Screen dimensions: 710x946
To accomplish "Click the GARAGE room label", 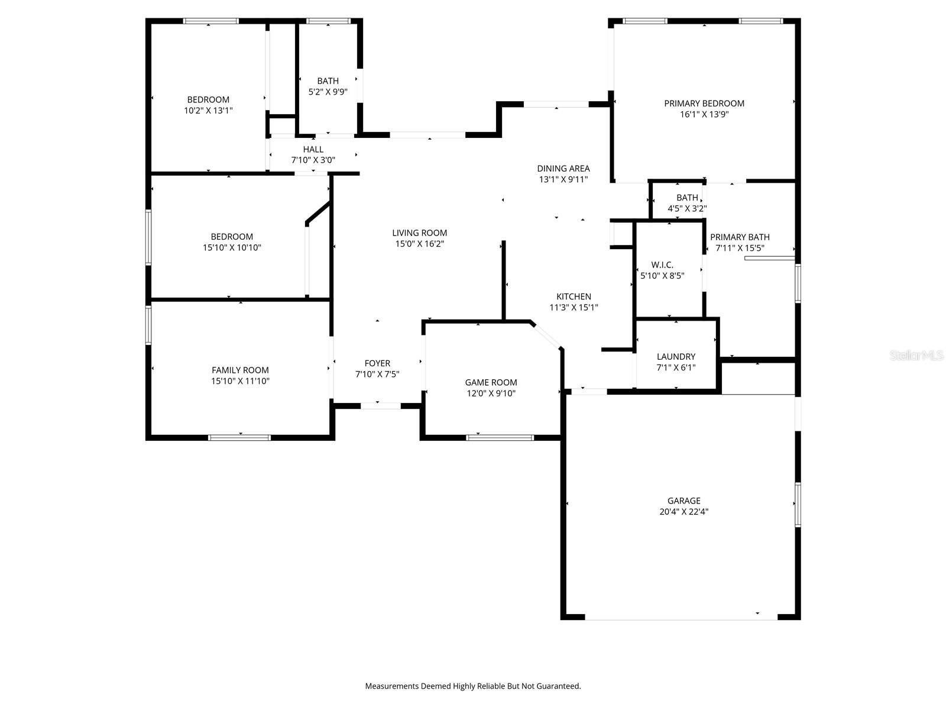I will click(683, 501).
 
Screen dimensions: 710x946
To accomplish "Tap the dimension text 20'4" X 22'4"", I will click(683, 512).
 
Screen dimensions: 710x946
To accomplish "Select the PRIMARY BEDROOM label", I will click(704, 103).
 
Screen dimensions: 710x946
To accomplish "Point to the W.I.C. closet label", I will click(662, 264).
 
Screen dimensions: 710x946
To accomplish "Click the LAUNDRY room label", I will click(676, 356).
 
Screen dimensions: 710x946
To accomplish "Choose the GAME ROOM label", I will click(491, 382).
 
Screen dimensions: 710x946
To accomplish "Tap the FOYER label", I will click(377, 363).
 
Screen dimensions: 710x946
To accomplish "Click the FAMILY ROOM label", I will click(240, 370).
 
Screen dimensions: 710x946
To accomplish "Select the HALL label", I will click(313, 149).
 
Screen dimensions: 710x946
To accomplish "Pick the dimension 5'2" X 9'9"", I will click(328, 92).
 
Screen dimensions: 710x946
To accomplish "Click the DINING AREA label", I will click(563, 168).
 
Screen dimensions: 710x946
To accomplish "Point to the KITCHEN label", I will click(574, 296).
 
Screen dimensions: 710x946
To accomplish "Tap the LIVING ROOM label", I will click(419, 233).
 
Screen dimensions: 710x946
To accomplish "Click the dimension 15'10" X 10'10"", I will click(232, 247).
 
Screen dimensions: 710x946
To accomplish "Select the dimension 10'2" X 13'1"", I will click(208, 110).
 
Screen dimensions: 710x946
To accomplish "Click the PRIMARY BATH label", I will click(740, 237).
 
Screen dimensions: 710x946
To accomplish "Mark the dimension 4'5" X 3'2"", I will click(687, 208).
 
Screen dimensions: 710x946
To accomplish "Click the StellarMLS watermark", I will click(916, 355).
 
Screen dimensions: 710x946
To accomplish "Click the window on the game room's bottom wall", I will click(500, 438).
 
